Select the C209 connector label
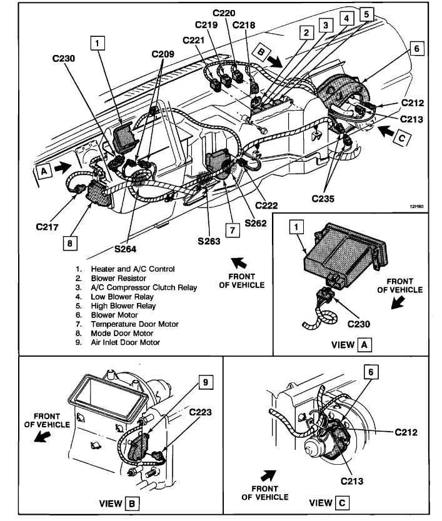[163, 54]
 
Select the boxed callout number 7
[231, 230]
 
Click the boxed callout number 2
[306, 33]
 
